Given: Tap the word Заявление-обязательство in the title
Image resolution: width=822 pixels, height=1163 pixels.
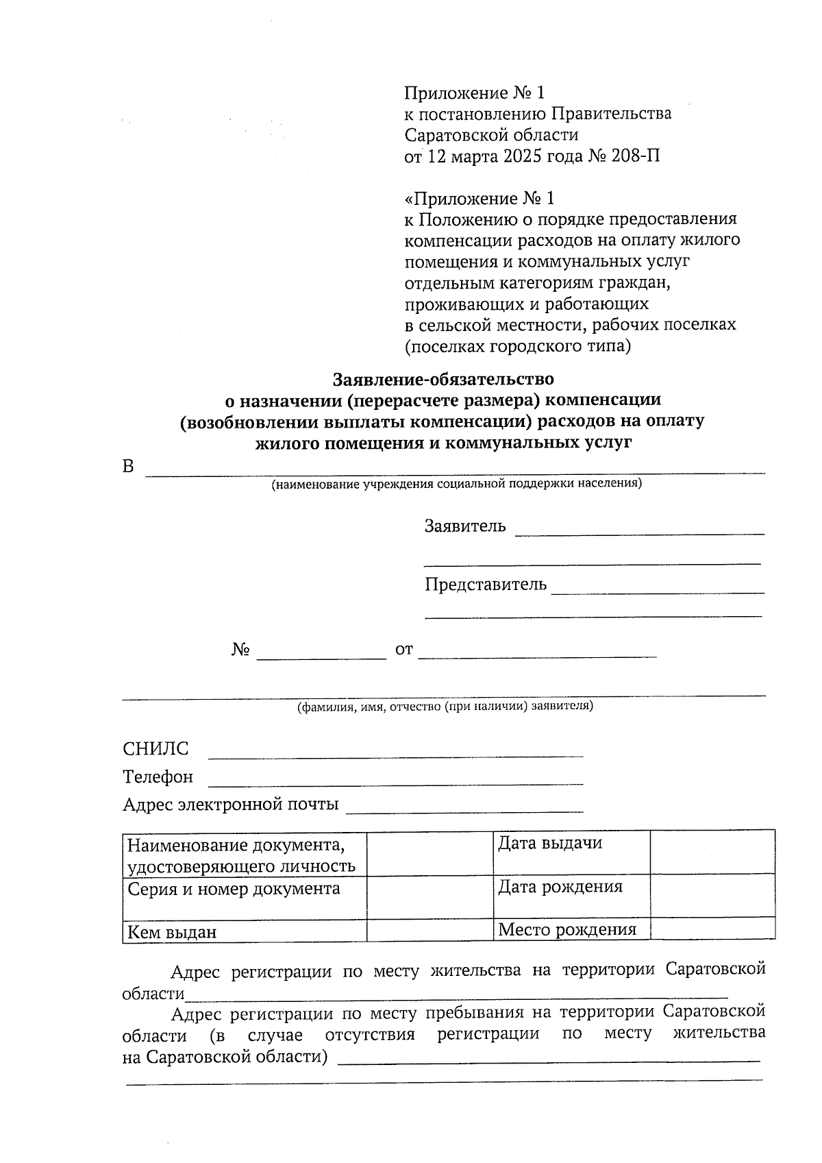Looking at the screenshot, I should coord(443,378).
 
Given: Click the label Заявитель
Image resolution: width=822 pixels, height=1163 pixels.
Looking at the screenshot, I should coord(465,526).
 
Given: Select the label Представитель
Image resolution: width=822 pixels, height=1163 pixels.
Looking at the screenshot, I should coord(485,585).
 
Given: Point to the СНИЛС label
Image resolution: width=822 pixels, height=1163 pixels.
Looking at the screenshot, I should coord(155,748).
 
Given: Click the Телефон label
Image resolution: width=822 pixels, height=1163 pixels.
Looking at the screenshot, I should coord(158,776).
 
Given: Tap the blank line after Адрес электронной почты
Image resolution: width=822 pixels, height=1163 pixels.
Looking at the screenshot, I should coord(464,809).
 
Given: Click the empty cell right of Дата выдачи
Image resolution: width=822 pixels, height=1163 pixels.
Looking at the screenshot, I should coord(712,852).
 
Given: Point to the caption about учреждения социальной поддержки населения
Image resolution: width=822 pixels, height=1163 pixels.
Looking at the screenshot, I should coord(456,485).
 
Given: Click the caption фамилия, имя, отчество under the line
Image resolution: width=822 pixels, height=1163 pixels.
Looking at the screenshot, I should coord(445,707).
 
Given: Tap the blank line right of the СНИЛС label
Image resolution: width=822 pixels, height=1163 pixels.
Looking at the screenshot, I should coord(395,754).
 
